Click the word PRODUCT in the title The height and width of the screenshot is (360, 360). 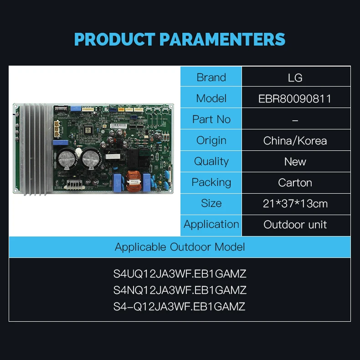pyautogui.click(x=115, y=39)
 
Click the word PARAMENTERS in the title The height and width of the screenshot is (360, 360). pyautogui.click(x=222, y=39)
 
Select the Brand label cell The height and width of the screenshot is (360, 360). pyautogui.click(x=211, y=77)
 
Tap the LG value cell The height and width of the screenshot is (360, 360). pyautogui.click(x=296, y=77)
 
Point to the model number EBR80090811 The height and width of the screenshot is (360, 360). pyautogui.click(x=295, y=99)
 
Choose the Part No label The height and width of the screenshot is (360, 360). pyautogui.click(x=211, y=119)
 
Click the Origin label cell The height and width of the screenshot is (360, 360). pyautogui.click(x=211, y=140)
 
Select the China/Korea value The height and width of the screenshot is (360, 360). pyautogui.click(x=295, y=141)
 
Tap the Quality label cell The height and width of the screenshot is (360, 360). pyautogui.click(x=211, y=161)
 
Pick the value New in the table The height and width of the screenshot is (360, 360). pyautogui.click(x=295, y=162)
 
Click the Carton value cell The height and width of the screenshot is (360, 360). pyautogui.click(x=296, y=183)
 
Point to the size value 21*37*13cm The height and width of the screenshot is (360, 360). pyautogui.click(x=295, y=204)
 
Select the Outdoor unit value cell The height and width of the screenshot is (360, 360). pyautogui.click(x=296, y=225)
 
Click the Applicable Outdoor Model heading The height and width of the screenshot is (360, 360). pyautogui.click(x=180, y=247)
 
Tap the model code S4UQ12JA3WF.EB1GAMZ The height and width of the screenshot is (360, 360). pyautogui.click(x=180, y=274)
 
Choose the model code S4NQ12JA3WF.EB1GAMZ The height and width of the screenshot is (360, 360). pyautogui.click(x=180, y=290)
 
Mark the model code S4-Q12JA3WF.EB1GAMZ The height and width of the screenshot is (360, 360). pyautogui.click(x=179, y=307)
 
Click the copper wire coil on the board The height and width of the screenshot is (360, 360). pyautogui.click(x=134, y=181)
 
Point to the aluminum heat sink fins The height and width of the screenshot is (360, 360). pyautogui.click(x=36, y=149)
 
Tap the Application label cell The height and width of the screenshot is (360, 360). pyautogui.click(x=211, y=225)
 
